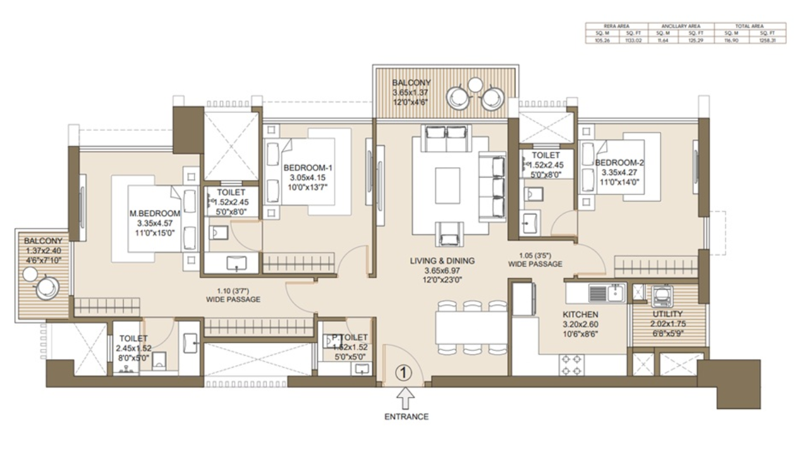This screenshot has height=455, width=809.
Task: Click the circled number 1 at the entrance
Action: [404, 373]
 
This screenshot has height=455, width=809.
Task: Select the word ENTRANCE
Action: [406, 416]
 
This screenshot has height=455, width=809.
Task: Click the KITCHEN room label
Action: [580, 314]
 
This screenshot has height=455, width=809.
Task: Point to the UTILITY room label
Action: [667, 314]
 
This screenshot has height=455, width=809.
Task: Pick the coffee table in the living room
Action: [447, 185]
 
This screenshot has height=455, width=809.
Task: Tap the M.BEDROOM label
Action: [155, 214]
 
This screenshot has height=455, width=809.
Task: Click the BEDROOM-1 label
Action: [307, 167]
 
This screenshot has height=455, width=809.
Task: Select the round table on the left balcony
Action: [46, 288]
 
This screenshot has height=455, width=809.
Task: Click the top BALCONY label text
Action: [411, 83]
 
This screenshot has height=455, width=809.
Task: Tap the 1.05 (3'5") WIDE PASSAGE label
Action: [535, 260]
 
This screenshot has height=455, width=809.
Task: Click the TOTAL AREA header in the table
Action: [750, 26]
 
